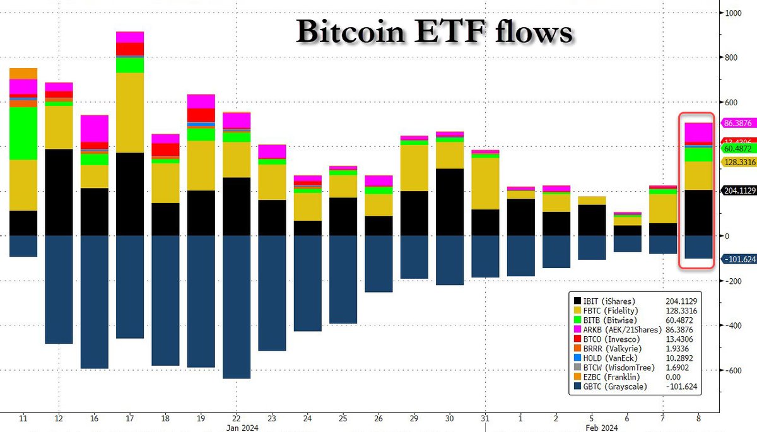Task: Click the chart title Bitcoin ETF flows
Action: click(435, 31)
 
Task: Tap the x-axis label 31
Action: click(485, 419)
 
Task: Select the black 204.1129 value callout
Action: click(737, 190)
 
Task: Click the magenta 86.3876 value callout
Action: click(737, 124)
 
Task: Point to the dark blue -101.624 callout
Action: click(737, 259)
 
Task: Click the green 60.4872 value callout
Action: click(737, 149)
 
